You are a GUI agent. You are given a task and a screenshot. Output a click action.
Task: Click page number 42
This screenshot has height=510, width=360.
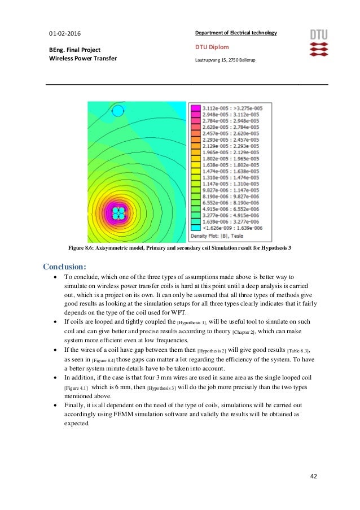click(313, 476)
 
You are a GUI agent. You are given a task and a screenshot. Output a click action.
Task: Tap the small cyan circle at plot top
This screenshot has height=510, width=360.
click(117, 111)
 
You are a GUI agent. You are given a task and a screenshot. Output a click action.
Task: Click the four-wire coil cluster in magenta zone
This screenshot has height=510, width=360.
click(119, 213)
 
